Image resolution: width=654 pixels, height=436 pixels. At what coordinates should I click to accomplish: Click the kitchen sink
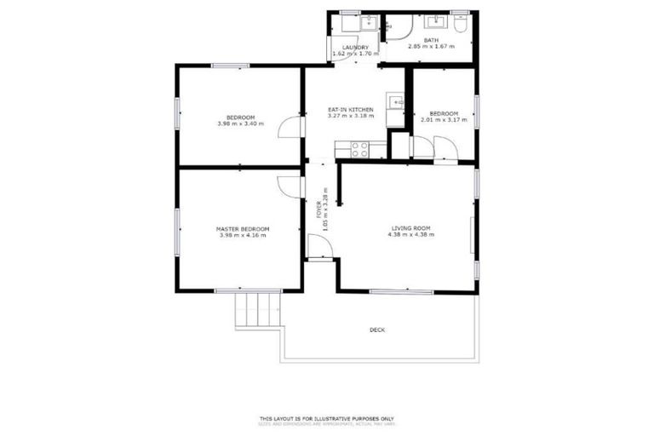click(x=395, y=105)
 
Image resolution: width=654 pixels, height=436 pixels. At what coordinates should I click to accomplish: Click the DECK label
click(x=376, y=330)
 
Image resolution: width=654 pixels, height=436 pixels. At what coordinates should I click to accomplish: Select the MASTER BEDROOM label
click(x=243, y=229)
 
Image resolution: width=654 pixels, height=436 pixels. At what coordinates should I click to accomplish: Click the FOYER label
click(x=319, y=209)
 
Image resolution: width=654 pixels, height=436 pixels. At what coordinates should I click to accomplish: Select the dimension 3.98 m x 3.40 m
click(x=241, y=124)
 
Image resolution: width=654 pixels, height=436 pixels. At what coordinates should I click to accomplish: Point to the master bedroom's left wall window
click(x=177, y=230)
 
